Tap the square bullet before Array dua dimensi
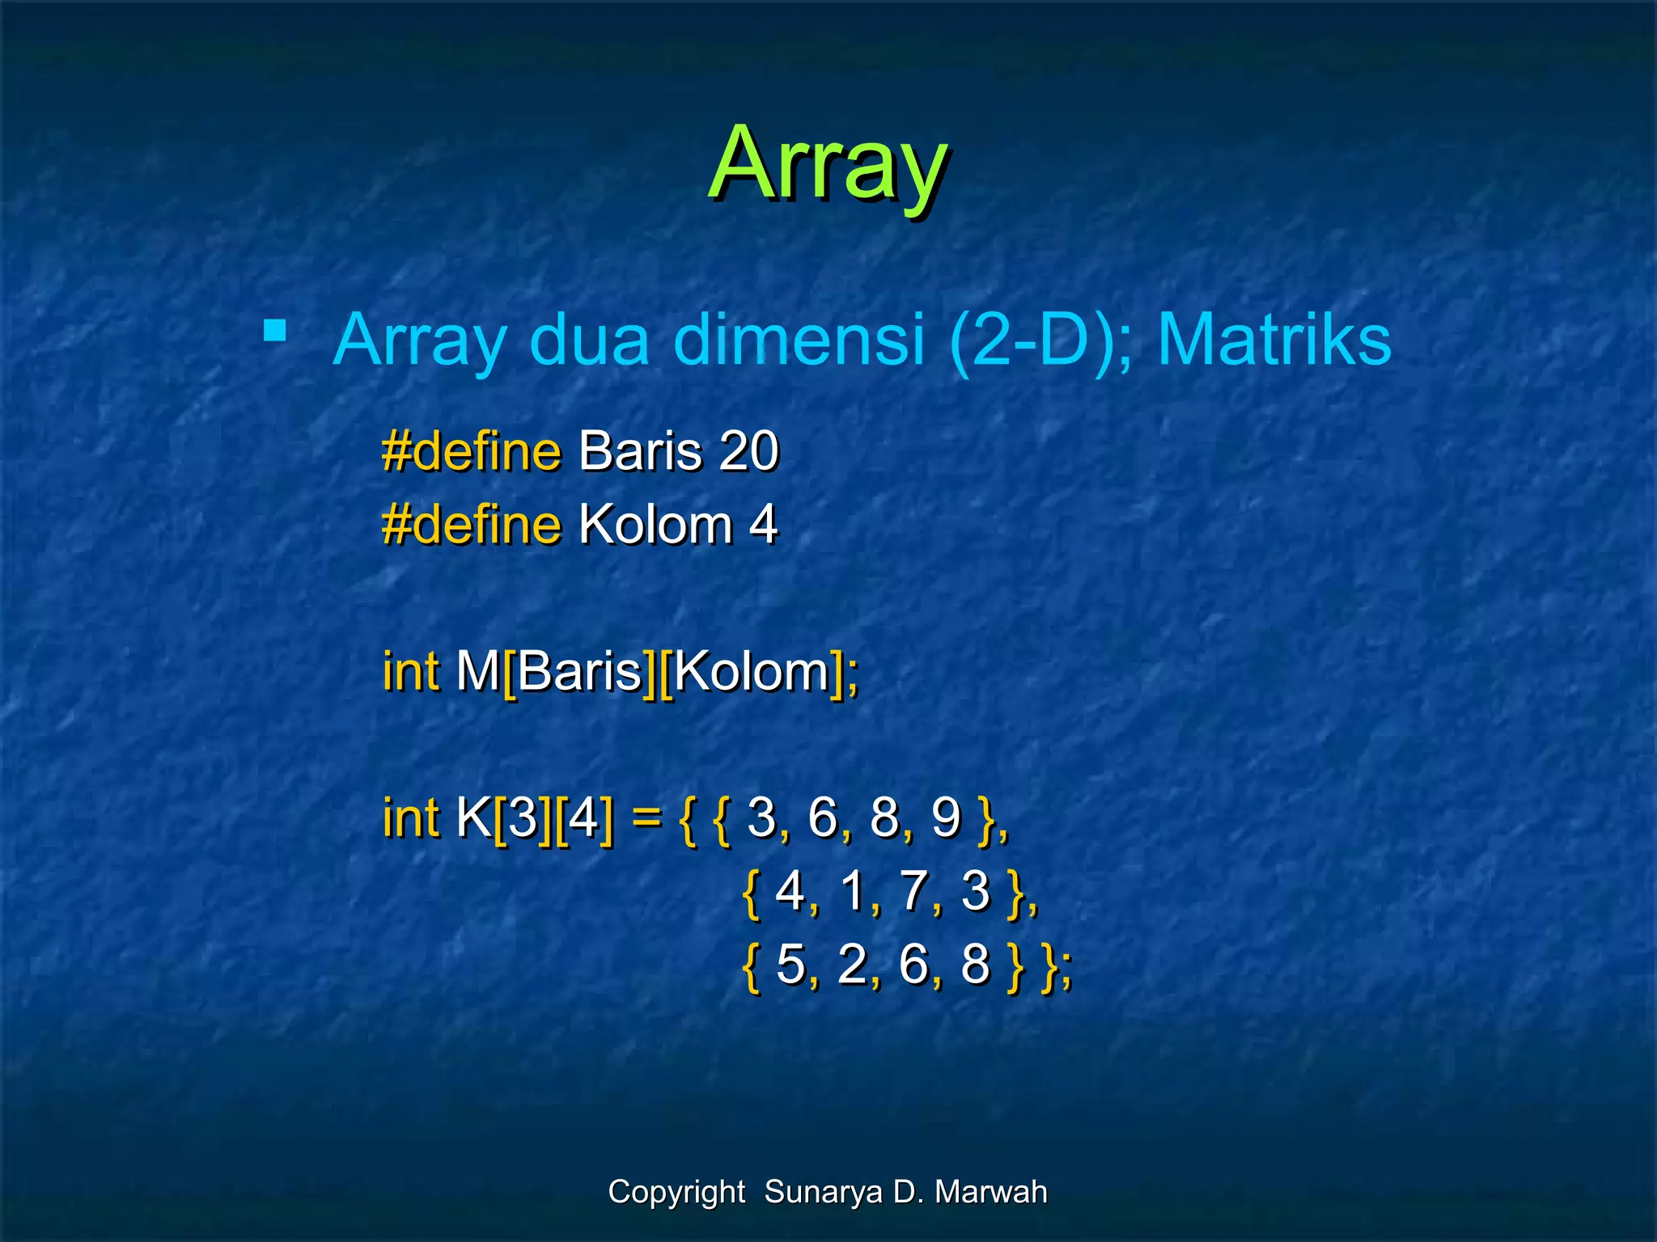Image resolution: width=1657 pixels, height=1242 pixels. pyautogui.click(x=275, y=330)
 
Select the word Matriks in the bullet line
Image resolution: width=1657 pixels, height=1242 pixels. pyautogui.click(x=1273, y=340)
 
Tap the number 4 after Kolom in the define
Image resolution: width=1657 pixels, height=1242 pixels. pyautogui.click(x=762, y=525)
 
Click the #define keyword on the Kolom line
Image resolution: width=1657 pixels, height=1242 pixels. pyautogui.click(x=471, y=525)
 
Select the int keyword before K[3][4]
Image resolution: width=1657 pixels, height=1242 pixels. pyautogui.click(x=410, y=817)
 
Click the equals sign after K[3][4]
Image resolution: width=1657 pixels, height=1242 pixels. pyautogui.click(x=646, y=817)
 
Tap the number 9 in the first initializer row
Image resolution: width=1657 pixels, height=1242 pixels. pyautogui.click(x=945, y=817)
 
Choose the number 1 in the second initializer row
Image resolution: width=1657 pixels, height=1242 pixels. pyautogui.click(x=853, y=891)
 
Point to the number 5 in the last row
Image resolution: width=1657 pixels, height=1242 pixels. pyautogui.click(x=790, y=964)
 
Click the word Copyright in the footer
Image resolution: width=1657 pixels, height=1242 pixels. pyautogui.click(x=676, y=1192)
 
